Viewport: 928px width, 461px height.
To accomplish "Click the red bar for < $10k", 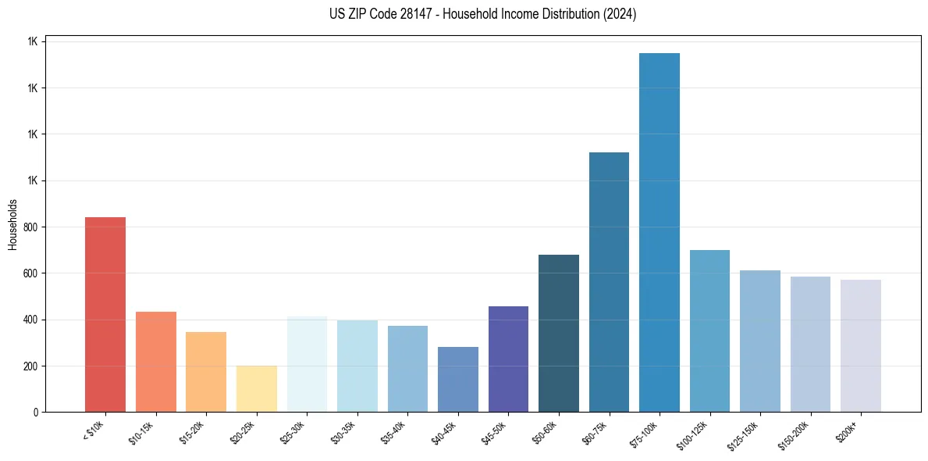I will [105, 314].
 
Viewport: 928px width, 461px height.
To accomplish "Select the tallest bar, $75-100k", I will [660, 232].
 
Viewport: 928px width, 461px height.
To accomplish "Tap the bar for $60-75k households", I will [609, 282].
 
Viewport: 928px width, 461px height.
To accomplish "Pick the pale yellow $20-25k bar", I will [257, 388].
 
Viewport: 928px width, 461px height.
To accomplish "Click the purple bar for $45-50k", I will [508, 359].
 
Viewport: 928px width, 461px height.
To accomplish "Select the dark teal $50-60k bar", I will [559, 333].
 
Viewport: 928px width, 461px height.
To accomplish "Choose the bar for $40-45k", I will [458, 379].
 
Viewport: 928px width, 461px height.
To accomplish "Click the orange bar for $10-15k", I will [156, 362].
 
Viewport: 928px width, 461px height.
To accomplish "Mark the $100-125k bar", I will [709, 331].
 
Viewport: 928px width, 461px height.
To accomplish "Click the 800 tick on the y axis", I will [31, 227].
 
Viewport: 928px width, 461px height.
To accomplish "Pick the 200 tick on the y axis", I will [31, 366].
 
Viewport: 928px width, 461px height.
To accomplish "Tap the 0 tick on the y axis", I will [36, 413].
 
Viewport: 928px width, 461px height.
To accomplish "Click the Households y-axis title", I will [12, 224].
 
